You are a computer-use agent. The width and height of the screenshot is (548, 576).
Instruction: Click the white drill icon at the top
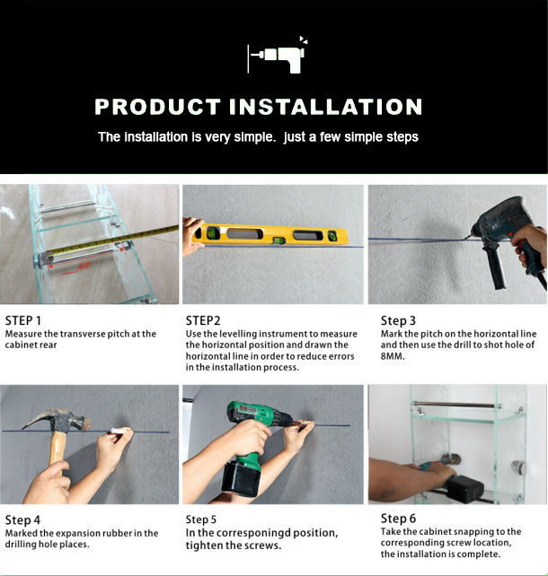pyautogui.click(x=278, y=56)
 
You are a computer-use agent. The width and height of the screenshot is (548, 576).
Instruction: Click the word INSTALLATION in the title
pyautogui.click(x=325, y=107)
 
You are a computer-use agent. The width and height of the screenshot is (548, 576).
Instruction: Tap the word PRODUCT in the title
pyautogui.click(x=158, y=107)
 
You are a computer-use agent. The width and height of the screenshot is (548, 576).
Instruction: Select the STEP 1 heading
pyautogui.click(x=23, y=320)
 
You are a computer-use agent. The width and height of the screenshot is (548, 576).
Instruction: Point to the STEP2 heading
pyautogui.click(x=203, y=320)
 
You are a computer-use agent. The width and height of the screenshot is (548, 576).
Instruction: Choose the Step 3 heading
pyautogui.click(x=398, y=320)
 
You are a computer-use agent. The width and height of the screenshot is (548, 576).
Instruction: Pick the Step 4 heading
pyautogui.click(x=22, y=520)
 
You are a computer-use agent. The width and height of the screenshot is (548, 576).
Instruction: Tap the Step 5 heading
pyautogui.click(x=201, y=519)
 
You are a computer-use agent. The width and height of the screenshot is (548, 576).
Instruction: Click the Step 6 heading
pyautogui.click(x=398, y=519)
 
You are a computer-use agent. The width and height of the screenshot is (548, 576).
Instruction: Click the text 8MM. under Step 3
pyautogui.click(x=393, y=356)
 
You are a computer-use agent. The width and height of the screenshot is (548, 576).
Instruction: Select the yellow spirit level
pyautogui.click(x=271, y=234)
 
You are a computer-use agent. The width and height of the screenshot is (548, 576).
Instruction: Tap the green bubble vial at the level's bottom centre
pyautogui.click(x=278, y=240)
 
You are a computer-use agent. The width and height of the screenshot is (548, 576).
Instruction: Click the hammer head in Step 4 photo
pyautogui.click(x=57, y=420)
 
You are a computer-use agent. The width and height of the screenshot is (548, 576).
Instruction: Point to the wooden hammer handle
pyautogui.click(x=57, y=449)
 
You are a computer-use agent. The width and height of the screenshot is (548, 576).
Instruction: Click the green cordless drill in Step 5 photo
pyautogui.click(x=253, y=441)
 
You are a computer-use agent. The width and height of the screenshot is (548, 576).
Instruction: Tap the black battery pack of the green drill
pyautogui.click(x=242, y=478)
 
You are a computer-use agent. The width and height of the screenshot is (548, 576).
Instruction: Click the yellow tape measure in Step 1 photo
pyautogui.click(x=110, y=240)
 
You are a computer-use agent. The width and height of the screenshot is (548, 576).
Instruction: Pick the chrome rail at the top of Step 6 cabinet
pyautogui.click(x=457, y=405)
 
